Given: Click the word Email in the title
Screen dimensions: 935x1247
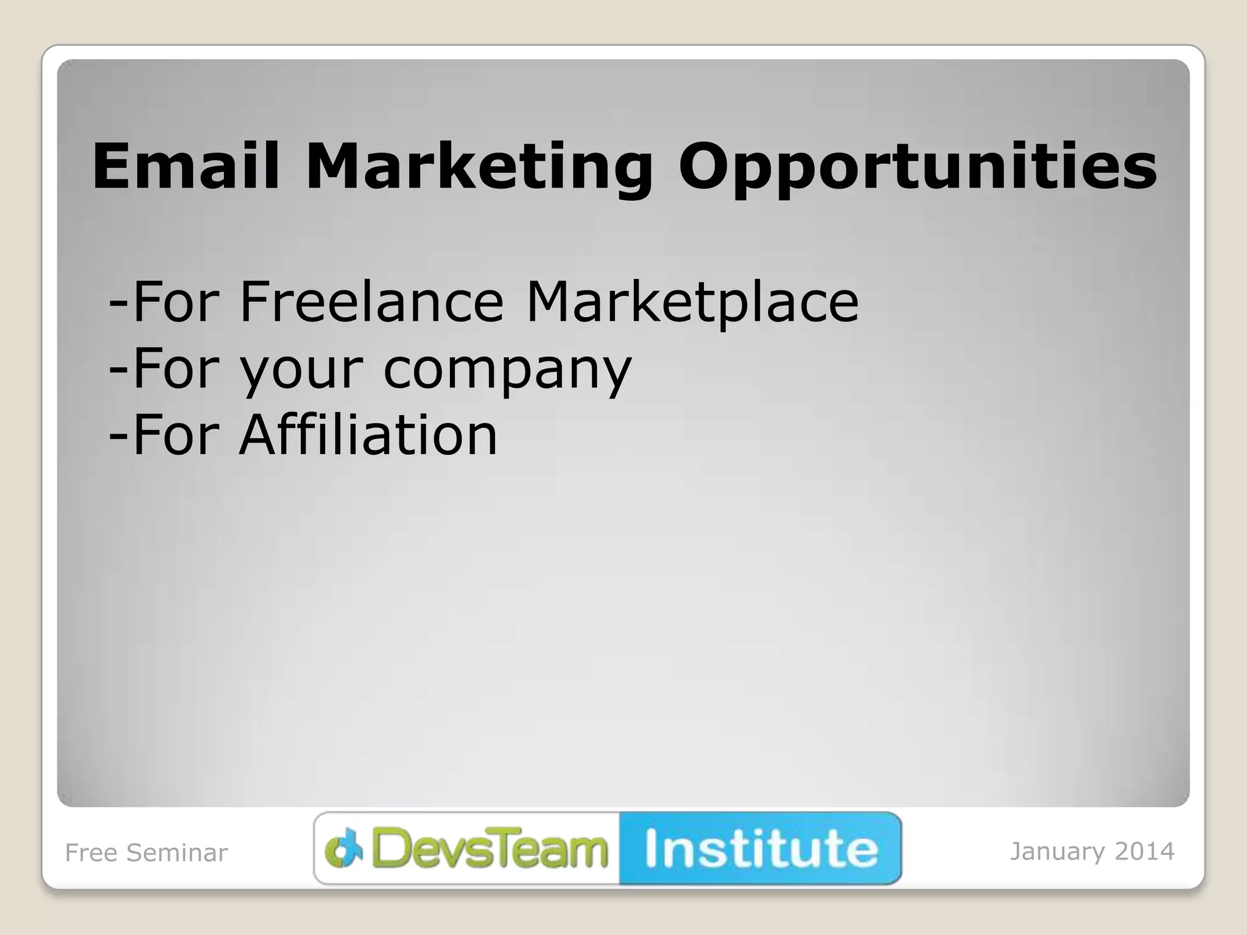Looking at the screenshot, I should coord(186,166).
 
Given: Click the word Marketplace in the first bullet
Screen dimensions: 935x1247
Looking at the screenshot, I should coord(692,303).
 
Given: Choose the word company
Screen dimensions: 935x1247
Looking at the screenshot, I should coord(507,371).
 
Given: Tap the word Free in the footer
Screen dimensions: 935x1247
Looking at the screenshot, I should coord(91,853).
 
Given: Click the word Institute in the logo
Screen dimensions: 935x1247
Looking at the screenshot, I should coord(761,849).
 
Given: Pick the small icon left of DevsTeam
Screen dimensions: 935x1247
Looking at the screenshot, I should coord(343,849).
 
